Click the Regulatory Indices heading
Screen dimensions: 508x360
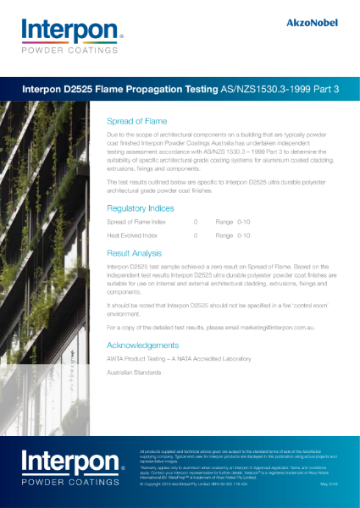[141, 207]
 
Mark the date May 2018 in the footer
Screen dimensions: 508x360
[330, 484]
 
